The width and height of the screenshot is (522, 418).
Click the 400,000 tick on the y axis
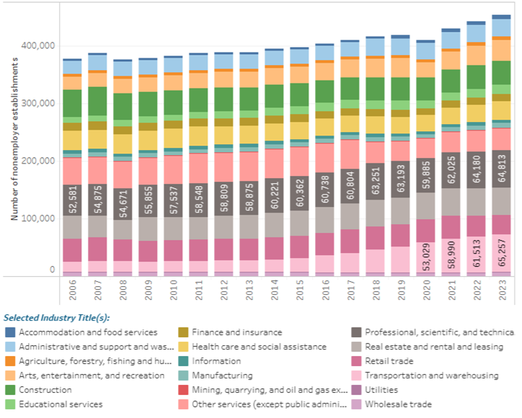(37, 45)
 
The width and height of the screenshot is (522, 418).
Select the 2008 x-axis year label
(122, 290)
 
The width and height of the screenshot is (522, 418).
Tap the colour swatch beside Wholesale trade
(355, 404)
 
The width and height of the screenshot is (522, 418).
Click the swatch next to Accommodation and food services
(9, 332)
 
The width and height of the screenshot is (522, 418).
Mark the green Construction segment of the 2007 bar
(97, 101)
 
